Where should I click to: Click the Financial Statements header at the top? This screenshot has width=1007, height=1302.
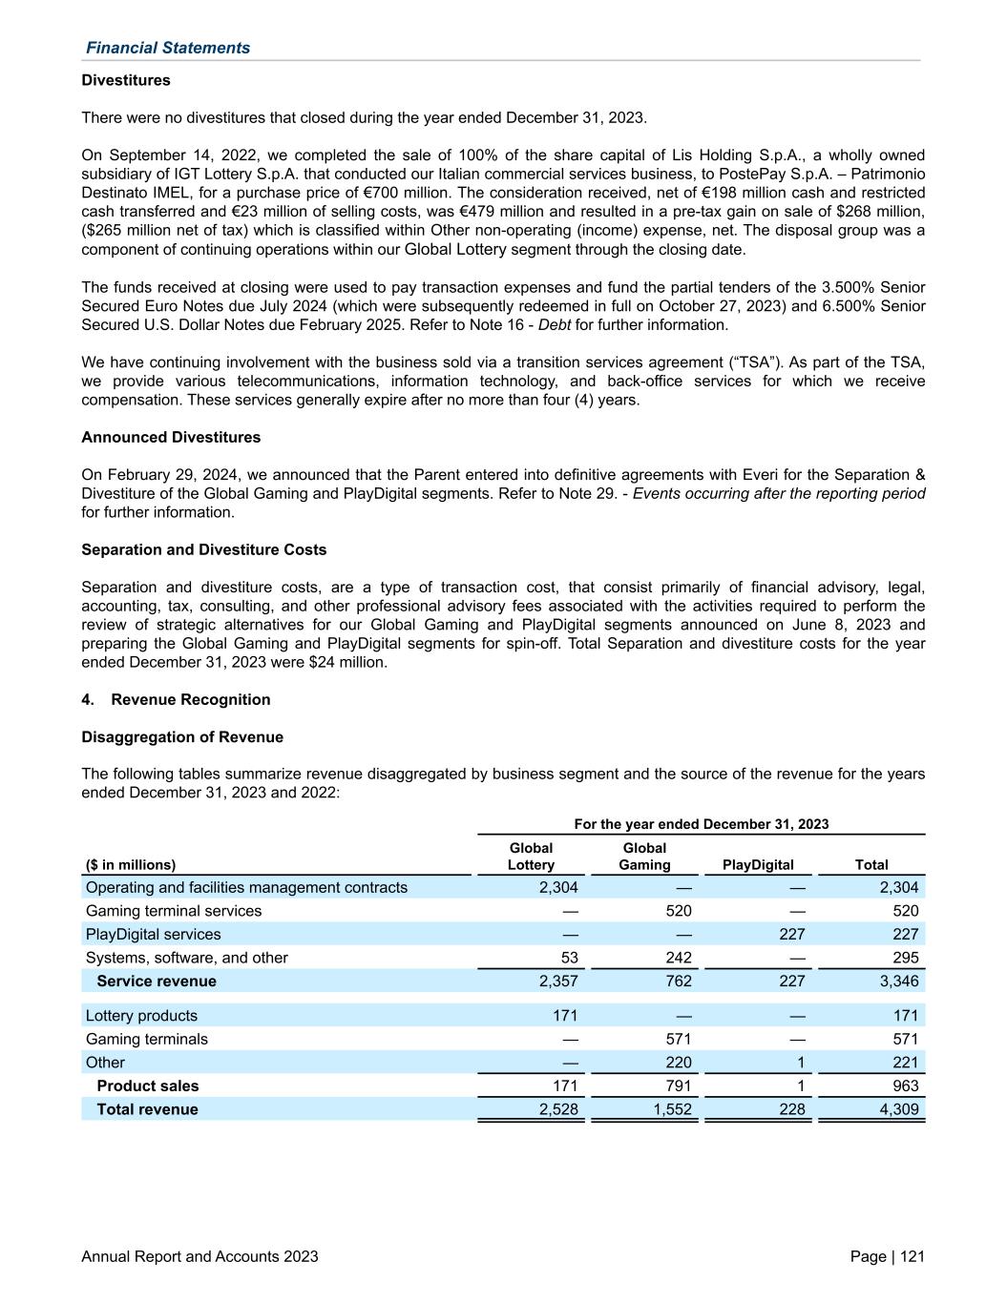[x=168, y=48]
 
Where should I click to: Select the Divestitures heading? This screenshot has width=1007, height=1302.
[x=126, y=80]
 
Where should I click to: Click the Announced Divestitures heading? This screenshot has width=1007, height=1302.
[x=171, y=437]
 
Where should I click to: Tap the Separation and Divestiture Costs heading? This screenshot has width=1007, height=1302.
[x=203, y=549]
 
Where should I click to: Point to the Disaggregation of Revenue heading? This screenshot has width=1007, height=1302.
[x=182, y=736]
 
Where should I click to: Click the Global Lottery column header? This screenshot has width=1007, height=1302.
[x=531, y=856]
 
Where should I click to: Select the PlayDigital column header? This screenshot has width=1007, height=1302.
[x=758, y=864]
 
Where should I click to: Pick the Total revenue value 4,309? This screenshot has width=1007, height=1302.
[x=898, y=1108]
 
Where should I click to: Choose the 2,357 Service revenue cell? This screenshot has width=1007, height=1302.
[x=557, y=981]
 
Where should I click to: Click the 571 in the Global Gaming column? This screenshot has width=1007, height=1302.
[x=678, y=1039]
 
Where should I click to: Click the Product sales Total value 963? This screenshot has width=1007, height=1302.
[x=905, y=1085]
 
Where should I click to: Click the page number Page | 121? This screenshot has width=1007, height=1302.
[x=887, y=1256]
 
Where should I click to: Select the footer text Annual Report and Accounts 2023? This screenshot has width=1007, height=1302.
[x=199, y=1256]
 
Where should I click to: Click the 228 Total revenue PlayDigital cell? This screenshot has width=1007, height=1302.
[x=791, y=1108]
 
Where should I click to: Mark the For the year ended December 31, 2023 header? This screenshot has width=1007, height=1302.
[x=701, y=824]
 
